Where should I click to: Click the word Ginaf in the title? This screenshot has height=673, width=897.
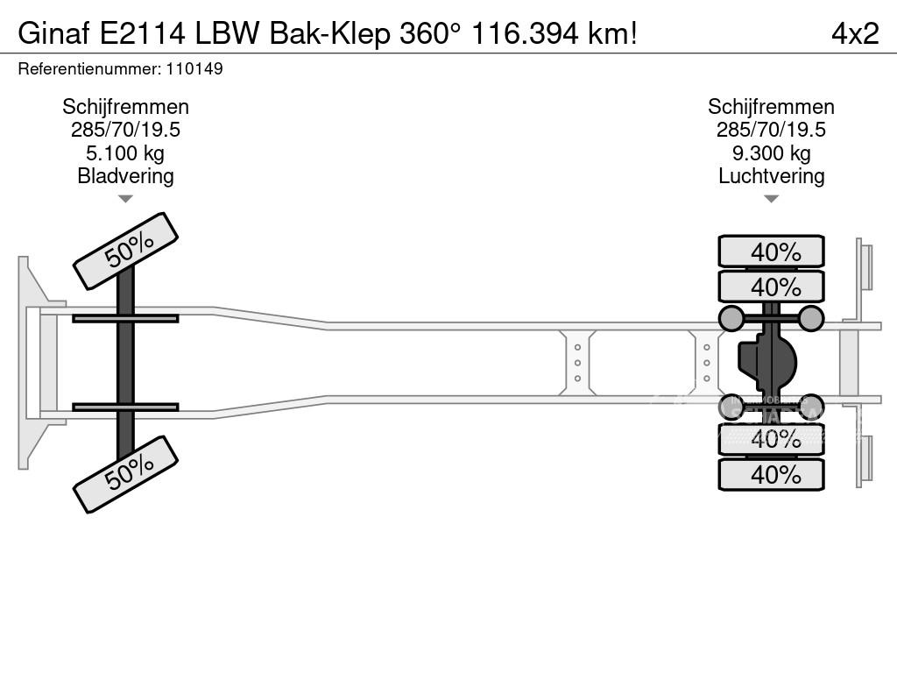coord(54,33)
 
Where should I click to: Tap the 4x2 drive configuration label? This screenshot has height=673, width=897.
coord(854,33)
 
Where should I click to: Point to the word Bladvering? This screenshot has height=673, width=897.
coord(125,175)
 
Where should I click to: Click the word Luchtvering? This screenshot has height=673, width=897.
coord(771,175)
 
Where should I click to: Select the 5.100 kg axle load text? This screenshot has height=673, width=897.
coord(125,153)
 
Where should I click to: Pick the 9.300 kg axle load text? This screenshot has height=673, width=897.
coord(771,153)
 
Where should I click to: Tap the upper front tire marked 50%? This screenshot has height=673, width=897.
coord(125,251)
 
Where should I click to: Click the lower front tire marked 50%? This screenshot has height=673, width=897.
coord(125,474)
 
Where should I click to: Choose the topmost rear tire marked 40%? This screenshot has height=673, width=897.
coord(771,251)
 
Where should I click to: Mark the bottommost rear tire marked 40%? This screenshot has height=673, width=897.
coord(771,474)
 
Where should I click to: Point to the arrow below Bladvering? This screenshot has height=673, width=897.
coord(125,199)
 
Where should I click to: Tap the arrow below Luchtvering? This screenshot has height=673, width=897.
coord(771,199)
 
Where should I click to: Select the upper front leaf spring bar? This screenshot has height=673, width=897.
coord(125,318)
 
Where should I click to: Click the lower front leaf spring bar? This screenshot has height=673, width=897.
coord(125,407)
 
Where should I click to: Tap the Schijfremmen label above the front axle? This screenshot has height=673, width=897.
coord(125,107)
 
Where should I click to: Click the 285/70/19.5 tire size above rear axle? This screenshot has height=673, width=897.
coord(771,130)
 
